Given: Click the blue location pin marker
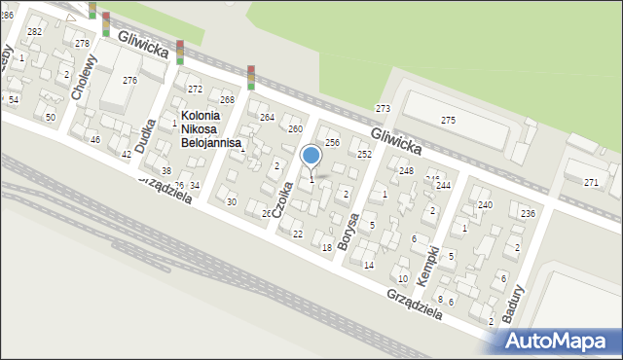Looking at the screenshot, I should (x=311, y=157).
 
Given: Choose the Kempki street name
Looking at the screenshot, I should (x=427, y=265).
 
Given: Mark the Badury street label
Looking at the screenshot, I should (x=513, y=305).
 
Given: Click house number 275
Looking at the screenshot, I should (x=448, y=120).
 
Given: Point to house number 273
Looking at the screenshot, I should (x=383, y=108).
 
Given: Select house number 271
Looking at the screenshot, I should (x=591, y=183).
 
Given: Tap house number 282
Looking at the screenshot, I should (x=34, y=32).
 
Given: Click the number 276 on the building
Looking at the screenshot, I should (x=129, y=80).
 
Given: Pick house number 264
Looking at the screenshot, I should (x=267, y=118).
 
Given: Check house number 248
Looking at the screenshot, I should (x=406, y=171).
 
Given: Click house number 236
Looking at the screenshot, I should (x=528, y=214).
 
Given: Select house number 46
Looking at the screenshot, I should (x=94, y=140).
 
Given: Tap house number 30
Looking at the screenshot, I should (x=231, y=201).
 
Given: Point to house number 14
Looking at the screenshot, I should (x=368, y=265).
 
